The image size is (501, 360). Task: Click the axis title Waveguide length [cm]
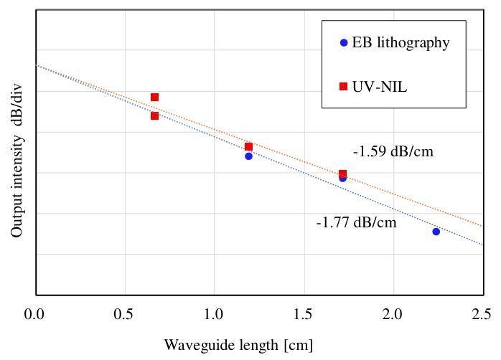coord(238,345)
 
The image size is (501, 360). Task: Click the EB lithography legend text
coord(401,43)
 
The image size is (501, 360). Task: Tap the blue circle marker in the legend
coord(343,43)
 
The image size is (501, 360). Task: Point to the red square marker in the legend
coord(343,87)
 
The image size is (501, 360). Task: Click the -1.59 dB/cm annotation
coord(393,152)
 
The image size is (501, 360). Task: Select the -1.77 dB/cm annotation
coord(356,222)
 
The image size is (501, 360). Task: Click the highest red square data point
coord(154,97)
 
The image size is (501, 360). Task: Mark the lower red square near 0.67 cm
coord(154,115)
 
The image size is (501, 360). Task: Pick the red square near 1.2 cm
coord(248,146)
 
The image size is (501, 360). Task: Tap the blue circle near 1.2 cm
coord(248,156)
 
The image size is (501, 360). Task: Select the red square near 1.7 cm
coord(342,174)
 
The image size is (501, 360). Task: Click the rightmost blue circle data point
coord(436,231)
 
